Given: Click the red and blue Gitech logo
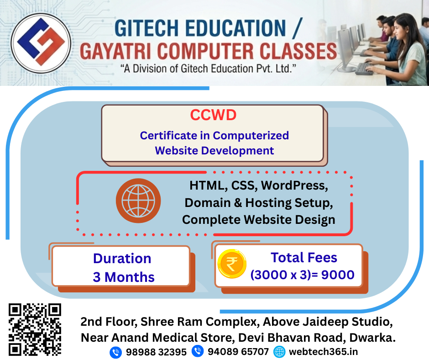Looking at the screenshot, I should pos(41,44).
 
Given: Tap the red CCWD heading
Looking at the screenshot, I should pos(213,115).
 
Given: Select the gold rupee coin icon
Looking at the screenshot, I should pos(232,264).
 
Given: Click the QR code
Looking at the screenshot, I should pos(35,330).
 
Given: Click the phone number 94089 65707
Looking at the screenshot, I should pos(238,352).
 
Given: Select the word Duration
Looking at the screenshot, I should pos(122,258).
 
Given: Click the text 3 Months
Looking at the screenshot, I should pos(124,277).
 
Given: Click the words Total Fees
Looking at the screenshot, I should pos(303,258).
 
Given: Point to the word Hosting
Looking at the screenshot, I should pos(273,202).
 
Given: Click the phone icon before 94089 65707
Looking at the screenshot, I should pos(198,351).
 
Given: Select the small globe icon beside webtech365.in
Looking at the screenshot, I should pos(279,352).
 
